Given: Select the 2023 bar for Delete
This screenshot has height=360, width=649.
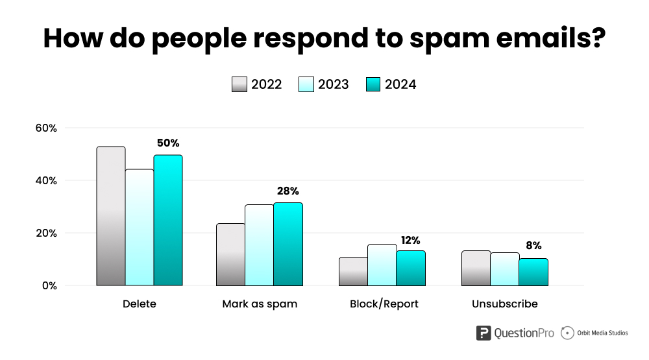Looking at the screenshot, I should click(140, 227).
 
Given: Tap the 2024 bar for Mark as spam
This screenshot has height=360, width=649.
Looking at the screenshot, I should click(288, 244).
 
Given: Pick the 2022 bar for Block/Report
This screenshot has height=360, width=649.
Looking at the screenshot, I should click(353, 271).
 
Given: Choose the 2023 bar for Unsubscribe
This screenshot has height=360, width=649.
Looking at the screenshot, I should click(504, 269).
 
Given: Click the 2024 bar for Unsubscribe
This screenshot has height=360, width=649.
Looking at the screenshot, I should click(533, 272).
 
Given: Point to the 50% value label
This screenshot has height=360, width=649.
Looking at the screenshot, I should click(167, 143).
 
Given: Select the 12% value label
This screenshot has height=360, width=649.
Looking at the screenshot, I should click(411, 240).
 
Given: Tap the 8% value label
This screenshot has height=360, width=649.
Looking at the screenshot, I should click(533, 245).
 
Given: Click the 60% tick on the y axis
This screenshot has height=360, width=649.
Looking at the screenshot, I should click(46, 128).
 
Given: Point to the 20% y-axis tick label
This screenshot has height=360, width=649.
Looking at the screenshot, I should click(46, 233).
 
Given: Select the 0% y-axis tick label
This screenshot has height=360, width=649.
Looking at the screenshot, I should click(49, 285).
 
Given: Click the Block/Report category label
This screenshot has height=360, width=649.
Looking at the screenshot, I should click(384, 304).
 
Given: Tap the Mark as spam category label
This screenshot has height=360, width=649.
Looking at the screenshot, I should click(260, 304).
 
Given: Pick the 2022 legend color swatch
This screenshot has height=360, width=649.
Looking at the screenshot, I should click(239, 84).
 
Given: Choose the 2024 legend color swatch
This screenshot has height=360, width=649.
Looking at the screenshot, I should click(373, 84).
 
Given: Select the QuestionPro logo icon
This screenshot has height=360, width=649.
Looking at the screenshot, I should click(484, 333).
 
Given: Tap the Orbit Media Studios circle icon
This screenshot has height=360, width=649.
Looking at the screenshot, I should click(567, 333).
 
